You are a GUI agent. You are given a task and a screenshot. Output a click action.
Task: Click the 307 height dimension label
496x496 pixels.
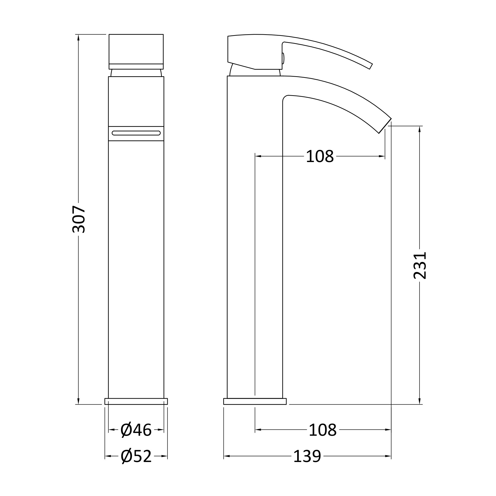79,219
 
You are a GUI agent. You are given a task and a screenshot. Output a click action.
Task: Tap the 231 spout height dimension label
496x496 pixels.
420,265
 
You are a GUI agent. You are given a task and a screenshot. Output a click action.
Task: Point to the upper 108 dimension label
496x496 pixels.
320,156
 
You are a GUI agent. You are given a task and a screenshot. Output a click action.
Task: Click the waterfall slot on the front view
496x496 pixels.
136,133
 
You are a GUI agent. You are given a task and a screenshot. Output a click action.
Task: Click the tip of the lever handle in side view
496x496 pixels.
371,66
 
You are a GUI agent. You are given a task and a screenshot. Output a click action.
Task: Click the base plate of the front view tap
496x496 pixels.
136,401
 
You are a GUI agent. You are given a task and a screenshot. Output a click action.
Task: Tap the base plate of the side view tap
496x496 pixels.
255,401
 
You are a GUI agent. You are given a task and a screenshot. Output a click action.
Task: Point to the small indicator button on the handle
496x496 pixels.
283,58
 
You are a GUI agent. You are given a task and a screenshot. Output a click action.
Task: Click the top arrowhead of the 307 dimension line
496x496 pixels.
79,38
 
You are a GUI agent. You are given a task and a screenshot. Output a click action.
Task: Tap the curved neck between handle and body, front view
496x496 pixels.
136,73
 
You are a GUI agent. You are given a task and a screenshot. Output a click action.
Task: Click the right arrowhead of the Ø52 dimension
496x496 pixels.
165,456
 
